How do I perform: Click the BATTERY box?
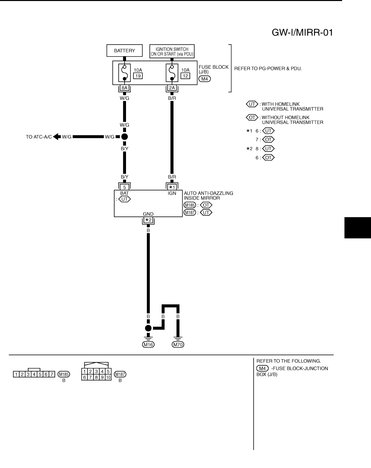pos(124,51)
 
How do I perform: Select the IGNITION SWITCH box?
pos(172,51)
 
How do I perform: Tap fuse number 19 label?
pos(138,76)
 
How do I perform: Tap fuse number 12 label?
pos(185,76)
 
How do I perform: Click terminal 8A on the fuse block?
pos(124,88)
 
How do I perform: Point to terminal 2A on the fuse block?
pos(172,88)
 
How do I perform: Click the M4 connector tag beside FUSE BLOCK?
pos(204,79)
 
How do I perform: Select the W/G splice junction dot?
pos(124,137)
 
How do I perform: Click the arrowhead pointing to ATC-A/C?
pos(56,137)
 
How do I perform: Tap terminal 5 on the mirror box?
pos(124,187)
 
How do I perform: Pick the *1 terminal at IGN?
pos(172,187)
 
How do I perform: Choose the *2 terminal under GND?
pos(148,220)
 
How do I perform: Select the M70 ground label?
pos(178,344)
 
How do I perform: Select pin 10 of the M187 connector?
pos(108,377)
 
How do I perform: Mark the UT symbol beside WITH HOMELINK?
pos(252,104)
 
